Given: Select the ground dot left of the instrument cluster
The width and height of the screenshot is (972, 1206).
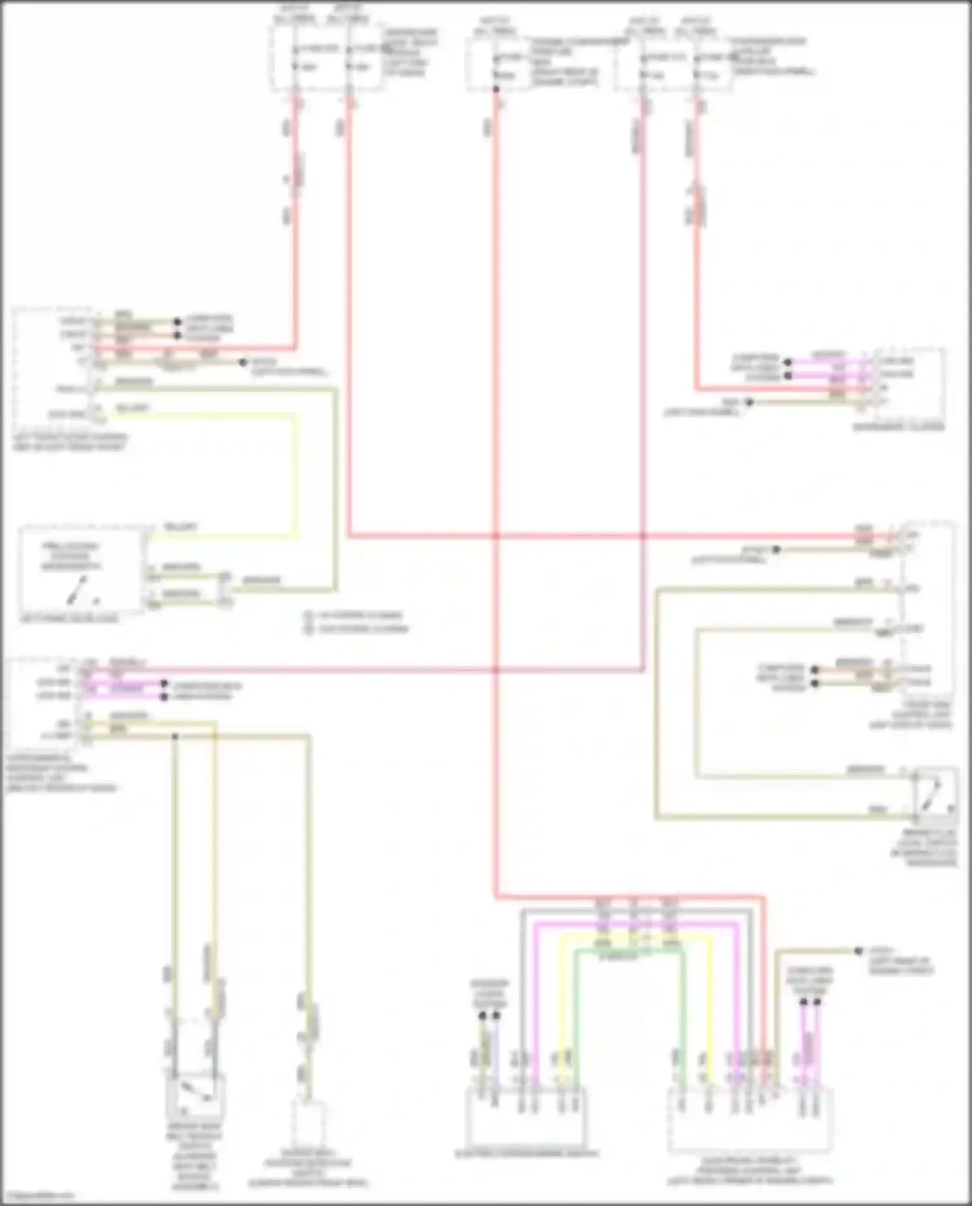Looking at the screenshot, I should coord(749,402).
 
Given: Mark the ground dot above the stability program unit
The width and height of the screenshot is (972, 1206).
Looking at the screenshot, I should coord(859,951).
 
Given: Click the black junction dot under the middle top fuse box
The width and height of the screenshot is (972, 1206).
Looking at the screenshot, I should coord(496,89).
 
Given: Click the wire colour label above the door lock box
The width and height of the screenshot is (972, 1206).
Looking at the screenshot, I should coord(181,527).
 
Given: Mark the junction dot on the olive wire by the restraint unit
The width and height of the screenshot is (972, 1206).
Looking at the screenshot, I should coord(174,736).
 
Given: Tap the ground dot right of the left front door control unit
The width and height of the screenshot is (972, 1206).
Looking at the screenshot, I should coord(244,362).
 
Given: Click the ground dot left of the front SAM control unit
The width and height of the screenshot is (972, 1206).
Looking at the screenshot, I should coord(776,550).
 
